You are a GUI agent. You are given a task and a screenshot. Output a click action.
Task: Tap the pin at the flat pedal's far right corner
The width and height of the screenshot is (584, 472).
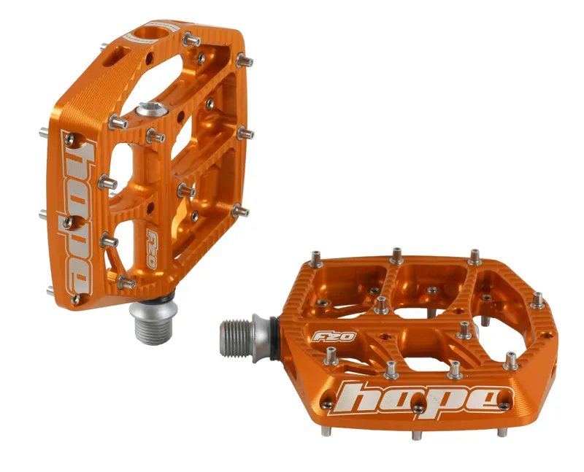pyautogui.click(x=538, y=299)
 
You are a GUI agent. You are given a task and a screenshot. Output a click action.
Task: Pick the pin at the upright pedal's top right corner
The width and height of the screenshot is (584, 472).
pyautogui.click(x=192, y=38)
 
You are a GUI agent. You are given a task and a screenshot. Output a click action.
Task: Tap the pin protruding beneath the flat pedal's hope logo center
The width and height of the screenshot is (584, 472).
pyautogui.click(x=416, y=435)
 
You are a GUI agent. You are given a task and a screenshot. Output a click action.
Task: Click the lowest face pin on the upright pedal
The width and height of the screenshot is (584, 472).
pyautogui.click(x=126, y=281)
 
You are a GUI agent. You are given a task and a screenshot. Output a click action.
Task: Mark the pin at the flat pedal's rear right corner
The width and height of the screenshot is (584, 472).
pyautogui.click(x=475, y=256)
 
